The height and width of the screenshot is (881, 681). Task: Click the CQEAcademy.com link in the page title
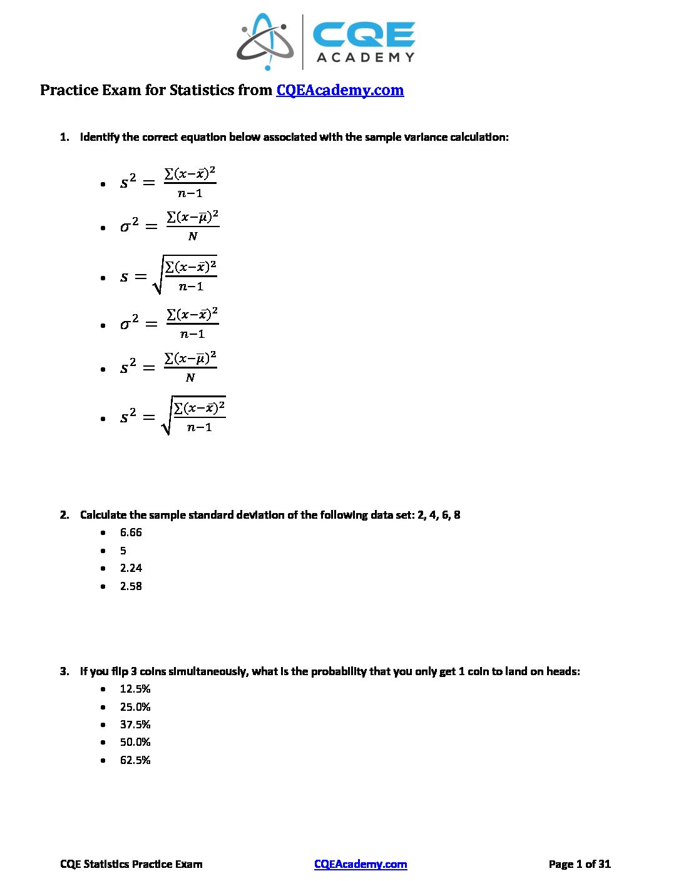(340, 90)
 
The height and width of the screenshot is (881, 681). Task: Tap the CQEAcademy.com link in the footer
(361, 864)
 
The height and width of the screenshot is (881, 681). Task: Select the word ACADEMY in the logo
(366, 58)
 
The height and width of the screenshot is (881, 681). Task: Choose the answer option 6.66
(131, 532)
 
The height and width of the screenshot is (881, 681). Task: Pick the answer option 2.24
(131, 568)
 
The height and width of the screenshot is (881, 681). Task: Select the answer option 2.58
(131, 586)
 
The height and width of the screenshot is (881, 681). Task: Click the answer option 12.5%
(135, 689)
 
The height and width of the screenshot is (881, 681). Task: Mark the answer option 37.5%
(135, 725)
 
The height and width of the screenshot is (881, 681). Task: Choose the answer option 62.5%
(135, 760)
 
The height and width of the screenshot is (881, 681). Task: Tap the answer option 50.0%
(135, 742)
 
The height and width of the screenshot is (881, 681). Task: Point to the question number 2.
(64, 515)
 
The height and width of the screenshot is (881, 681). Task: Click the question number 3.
(64, 671)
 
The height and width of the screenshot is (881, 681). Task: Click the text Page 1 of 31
(579, 864)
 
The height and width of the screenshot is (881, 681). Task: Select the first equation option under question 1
(168, 183)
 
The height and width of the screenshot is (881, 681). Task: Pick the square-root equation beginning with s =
(168, 276)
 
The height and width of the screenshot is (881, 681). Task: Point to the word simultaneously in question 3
(208, 671)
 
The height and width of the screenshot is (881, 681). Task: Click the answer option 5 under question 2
(123, 551)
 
